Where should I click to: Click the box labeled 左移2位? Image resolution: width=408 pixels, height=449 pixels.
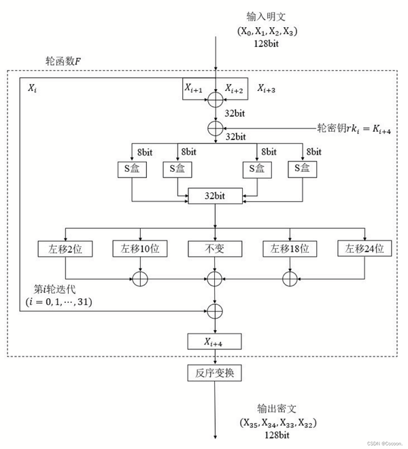pyautogui.click(x=65, y=249)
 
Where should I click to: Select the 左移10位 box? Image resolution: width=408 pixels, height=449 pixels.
pyautogui.click(x=140, y=249)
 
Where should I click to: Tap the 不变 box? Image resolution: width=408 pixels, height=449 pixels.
pyautogui.click(x=215, y=249)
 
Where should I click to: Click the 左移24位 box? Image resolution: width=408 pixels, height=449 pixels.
pyautogui.click(x=365, y=249)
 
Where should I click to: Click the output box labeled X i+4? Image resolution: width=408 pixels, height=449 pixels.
pyautogui.click(x=215, y=341)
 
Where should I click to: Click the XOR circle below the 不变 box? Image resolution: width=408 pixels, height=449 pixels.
pyautogui.click(x=216, y=277)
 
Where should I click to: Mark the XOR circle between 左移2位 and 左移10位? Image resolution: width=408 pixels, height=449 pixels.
pyautogui.click(x=140, y=277)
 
